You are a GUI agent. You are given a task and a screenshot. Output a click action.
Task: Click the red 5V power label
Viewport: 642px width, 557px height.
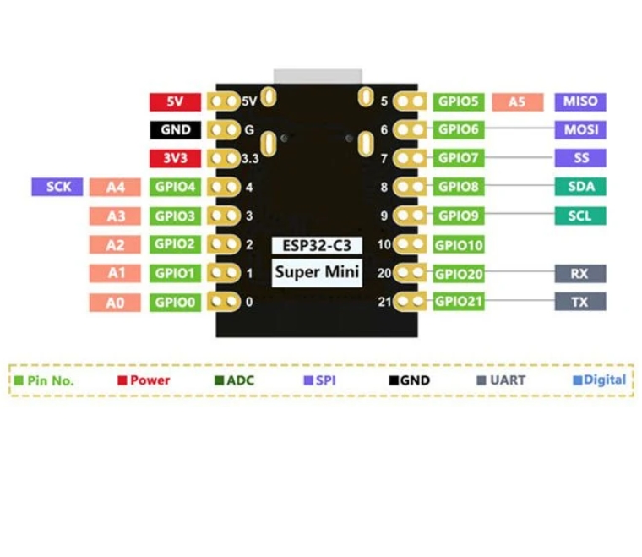(175, 101)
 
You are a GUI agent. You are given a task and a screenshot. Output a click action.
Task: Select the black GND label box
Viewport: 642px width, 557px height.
(175, 130)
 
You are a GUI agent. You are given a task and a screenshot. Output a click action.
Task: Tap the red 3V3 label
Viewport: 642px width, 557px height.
(175, 158)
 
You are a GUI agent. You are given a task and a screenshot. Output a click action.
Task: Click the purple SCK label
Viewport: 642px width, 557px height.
(58, 187)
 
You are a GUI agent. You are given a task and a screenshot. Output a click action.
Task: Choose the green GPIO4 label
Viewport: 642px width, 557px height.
(175, 188)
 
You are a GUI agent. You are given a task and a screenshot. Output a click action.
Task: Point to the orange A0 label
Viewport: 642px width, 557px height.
(116, 302)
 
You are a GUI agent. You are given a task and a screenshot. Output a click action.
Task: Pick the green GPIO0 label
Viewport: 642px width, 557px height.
(175, 302)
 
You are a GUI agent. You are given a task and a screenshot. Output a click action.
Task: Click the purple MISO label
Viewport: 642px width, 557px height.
(580, 101)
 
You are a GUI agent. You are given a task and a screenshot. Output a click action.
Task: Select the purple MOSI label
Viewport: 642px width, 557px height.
(580, 130)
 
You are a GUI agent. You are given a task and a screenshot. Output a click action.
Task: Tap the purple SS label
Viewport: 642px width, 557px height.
(580, 158)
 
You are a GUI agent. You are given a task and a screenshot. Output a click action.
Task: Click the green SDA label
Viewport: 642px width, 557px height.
(580, 187)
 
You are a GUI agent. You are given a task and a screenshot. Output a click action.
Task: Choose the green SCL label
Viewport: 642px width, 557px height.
(580, 216)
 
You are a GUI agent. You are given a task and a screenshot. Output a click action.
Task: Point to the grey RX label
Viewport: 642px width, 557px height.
(580, 273)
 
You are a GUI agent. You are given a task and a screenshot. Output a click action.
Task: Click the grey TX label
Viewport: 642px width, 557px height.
(580, 302)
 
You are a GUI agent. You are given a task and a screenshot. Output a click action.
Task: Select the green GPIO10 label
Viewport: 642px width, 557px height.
(459, 245)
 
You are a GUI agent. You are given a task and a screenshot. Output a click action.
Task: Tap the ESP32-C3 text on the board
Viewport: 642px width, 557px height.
(316, 245)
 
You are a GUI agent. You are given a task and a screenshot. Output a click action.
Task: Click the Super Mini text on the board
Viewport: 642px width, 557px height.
(316, 272)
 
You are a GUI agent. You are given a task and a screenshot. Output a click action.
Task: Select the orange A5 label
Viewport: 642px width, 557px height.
(516, 101)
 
